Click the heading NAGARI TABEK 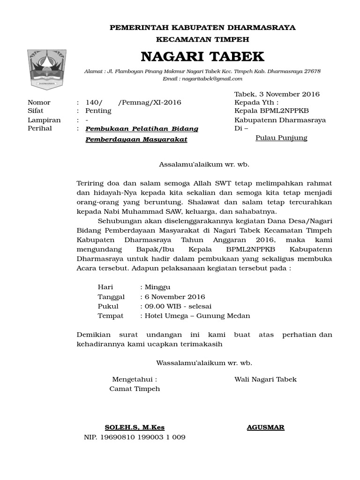click(x=202, y=57)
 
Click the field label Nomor click(x=39, y=103)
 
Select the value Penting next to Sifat click(x=98, y=111)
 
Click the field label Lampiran click(x=44, y=120)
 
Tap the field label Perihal click(x=40, y=128)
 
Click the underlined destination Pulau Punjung click(x=281, y=138)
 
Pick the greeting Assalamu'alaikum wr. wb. click(x=204, y=165)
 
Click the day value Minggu click(x=157, y=287)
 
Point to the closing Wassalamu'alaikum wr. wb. click(x=204, y=363)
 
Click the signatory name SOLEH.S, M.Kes click(x=135, y=427)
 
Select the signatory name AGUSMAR click(x=265, y=427)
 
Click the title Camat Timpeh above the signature click(x=135, y=389)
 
